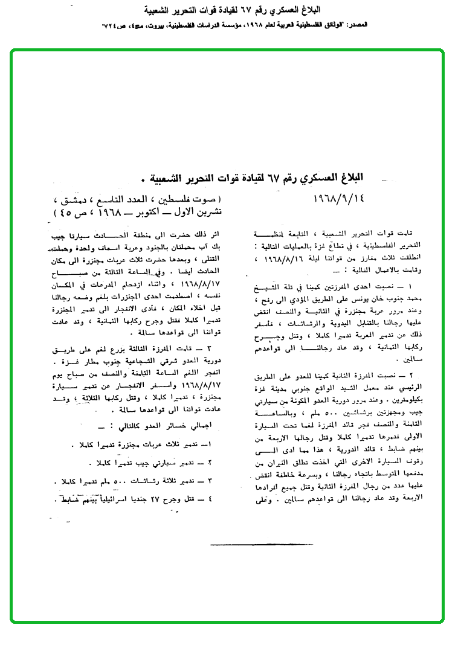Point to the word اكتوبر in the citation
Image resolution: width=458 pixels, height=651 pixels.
point(138,213)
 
